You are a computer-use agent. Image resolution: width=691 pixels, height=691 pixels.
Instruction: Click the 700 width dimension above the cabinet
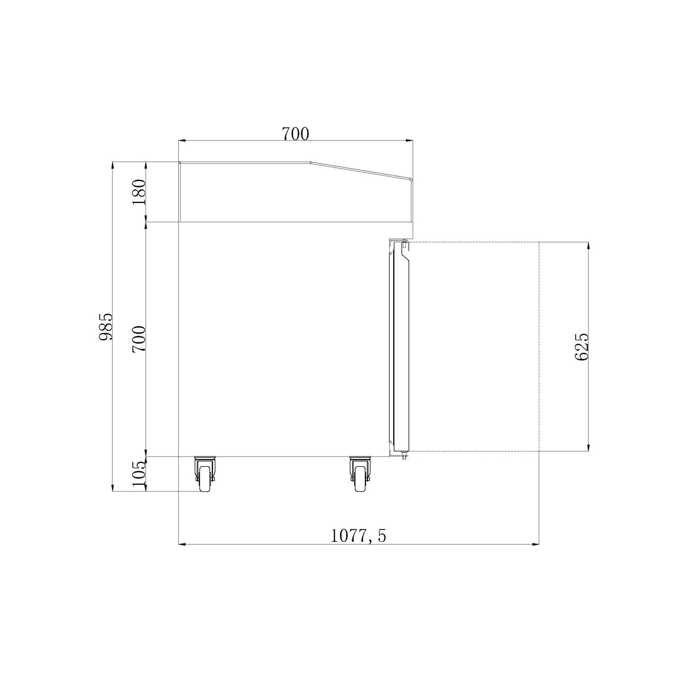pyautogui.click(x=295, y=134)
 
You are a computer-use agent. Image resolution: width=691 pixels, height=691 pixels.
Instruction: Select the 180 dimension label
pyautogui.click(x=139, y=192)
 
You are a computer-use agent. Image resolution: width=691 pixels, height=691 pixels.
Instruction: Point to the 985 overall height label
pyautogui.click(x=105, y=327)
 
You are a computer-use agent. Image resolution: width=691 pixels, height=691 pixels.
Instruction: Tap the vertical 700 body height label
pyautogui.click(x=139, y=339)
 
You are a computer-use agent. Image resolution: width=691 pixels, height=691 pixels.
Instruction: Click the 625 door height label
pyautogui.click(x=581, y=347)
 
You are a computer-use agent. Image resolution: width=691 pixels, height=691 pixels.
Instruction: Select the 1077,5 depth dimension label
pyautogui.click(x=358, y=536)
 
